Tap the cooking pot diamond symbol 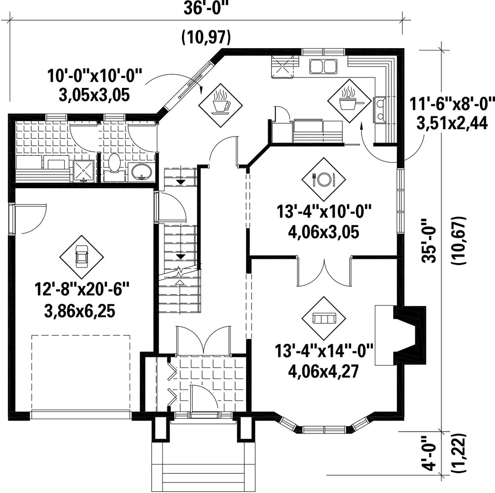[350, 101]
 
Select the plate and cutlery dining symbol [324, 179]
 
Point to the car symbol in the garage [82, 257]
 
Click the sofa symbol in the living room [324, 318]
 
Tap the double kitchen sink [323, 66]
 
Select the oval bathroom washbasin [142, 172]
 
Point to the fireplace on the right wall [401, 335]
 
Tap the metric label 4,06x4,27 [324, 372]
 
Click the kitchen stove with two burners [379, 110]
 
